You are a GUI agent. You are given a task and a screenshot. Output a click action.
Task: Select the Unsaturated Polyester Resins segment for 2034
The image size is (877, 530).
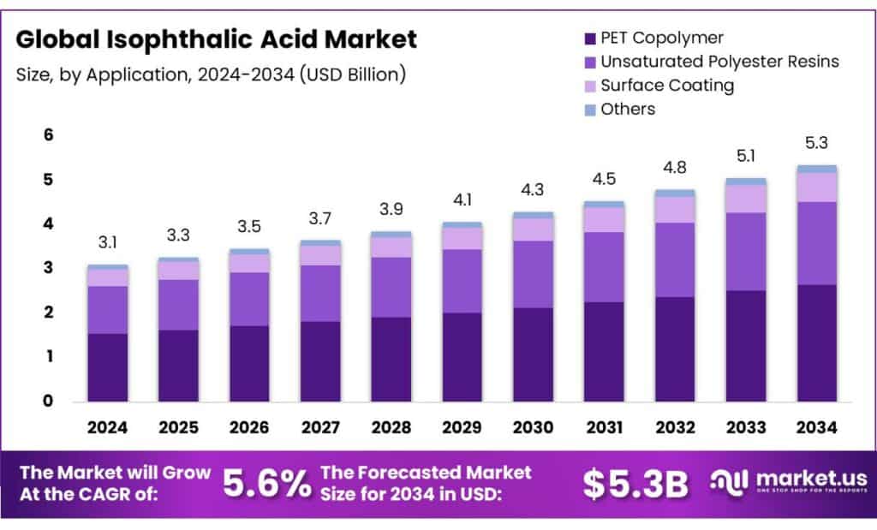click(x=817, y=243)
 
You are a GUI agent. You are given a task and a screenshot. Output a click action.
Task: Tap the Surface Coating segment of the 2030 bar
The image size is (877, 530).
click(x=533, y=229)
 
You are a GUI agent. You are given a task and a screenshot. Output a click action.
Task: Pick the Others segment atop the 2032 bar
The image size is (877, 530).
click(x=675, y=194)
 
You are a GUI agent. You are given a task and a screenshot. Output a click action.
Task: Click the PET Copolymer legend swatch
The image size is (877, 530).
click(x=588, y=39)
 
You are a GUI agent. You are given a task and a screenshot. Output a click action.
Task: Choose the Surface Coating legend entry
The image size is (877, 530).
click(x=667, y=85)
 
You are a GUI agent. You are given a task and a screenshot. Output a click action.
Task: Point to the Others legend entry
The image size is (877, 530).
click(x=628, y=109)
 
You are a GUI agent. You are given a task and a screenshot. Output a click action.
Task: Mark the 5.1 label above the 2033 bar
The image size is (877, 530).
click(x=746, y=156)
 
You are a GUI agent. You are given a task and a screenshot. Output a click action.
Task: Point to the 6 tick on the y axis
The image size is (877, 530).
click(x=49, y=135)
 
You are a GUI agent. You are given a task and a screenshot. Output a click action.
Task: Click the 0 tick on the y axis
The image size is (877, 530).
click(x=49, y=401)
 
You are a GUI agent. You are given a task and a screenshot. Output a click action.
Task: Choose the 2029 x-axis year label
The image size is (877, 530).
click(x=462, y=427)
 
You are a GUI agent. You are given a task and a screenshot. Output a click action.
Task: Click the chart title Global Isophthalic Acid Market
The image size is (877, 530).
click(x=217, y=39)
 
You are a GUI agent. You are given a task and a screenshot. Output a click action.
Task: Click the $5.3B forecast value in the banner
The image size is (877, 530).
click(x=635, y=484)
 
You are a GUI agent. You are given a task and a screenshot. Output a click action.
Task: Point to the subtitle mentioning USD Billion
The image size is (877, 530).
click(x=210, y=74)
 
